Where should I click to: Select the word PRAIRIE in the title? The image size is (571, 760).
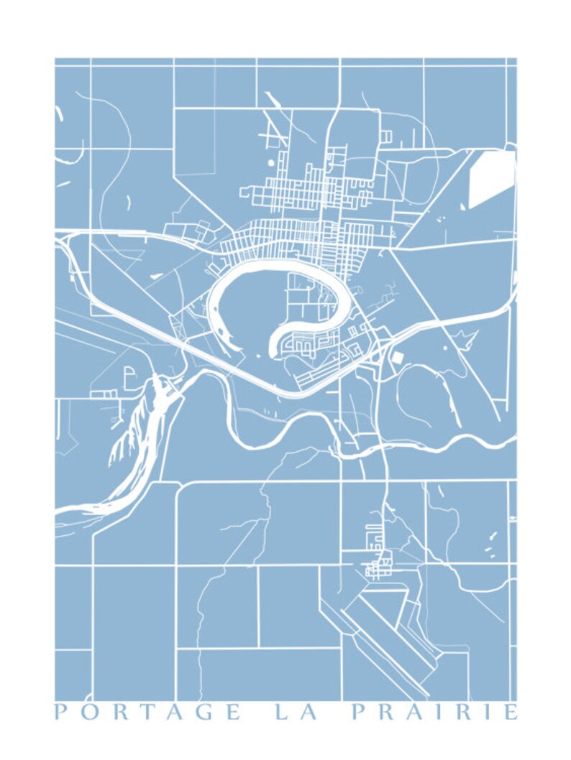434,713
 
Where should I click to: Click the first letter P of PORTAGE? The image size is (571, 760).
61,713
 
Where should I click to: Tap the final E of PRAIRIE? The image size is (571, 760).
510,713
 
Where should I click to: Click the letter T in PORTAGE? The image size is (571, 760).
147,713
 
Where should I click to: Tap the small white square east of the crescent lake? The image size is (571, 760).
397,356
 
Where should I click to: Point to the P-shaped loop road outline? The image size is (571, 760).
129,375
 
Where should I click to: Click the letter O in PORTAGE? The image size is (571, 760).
91,713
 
